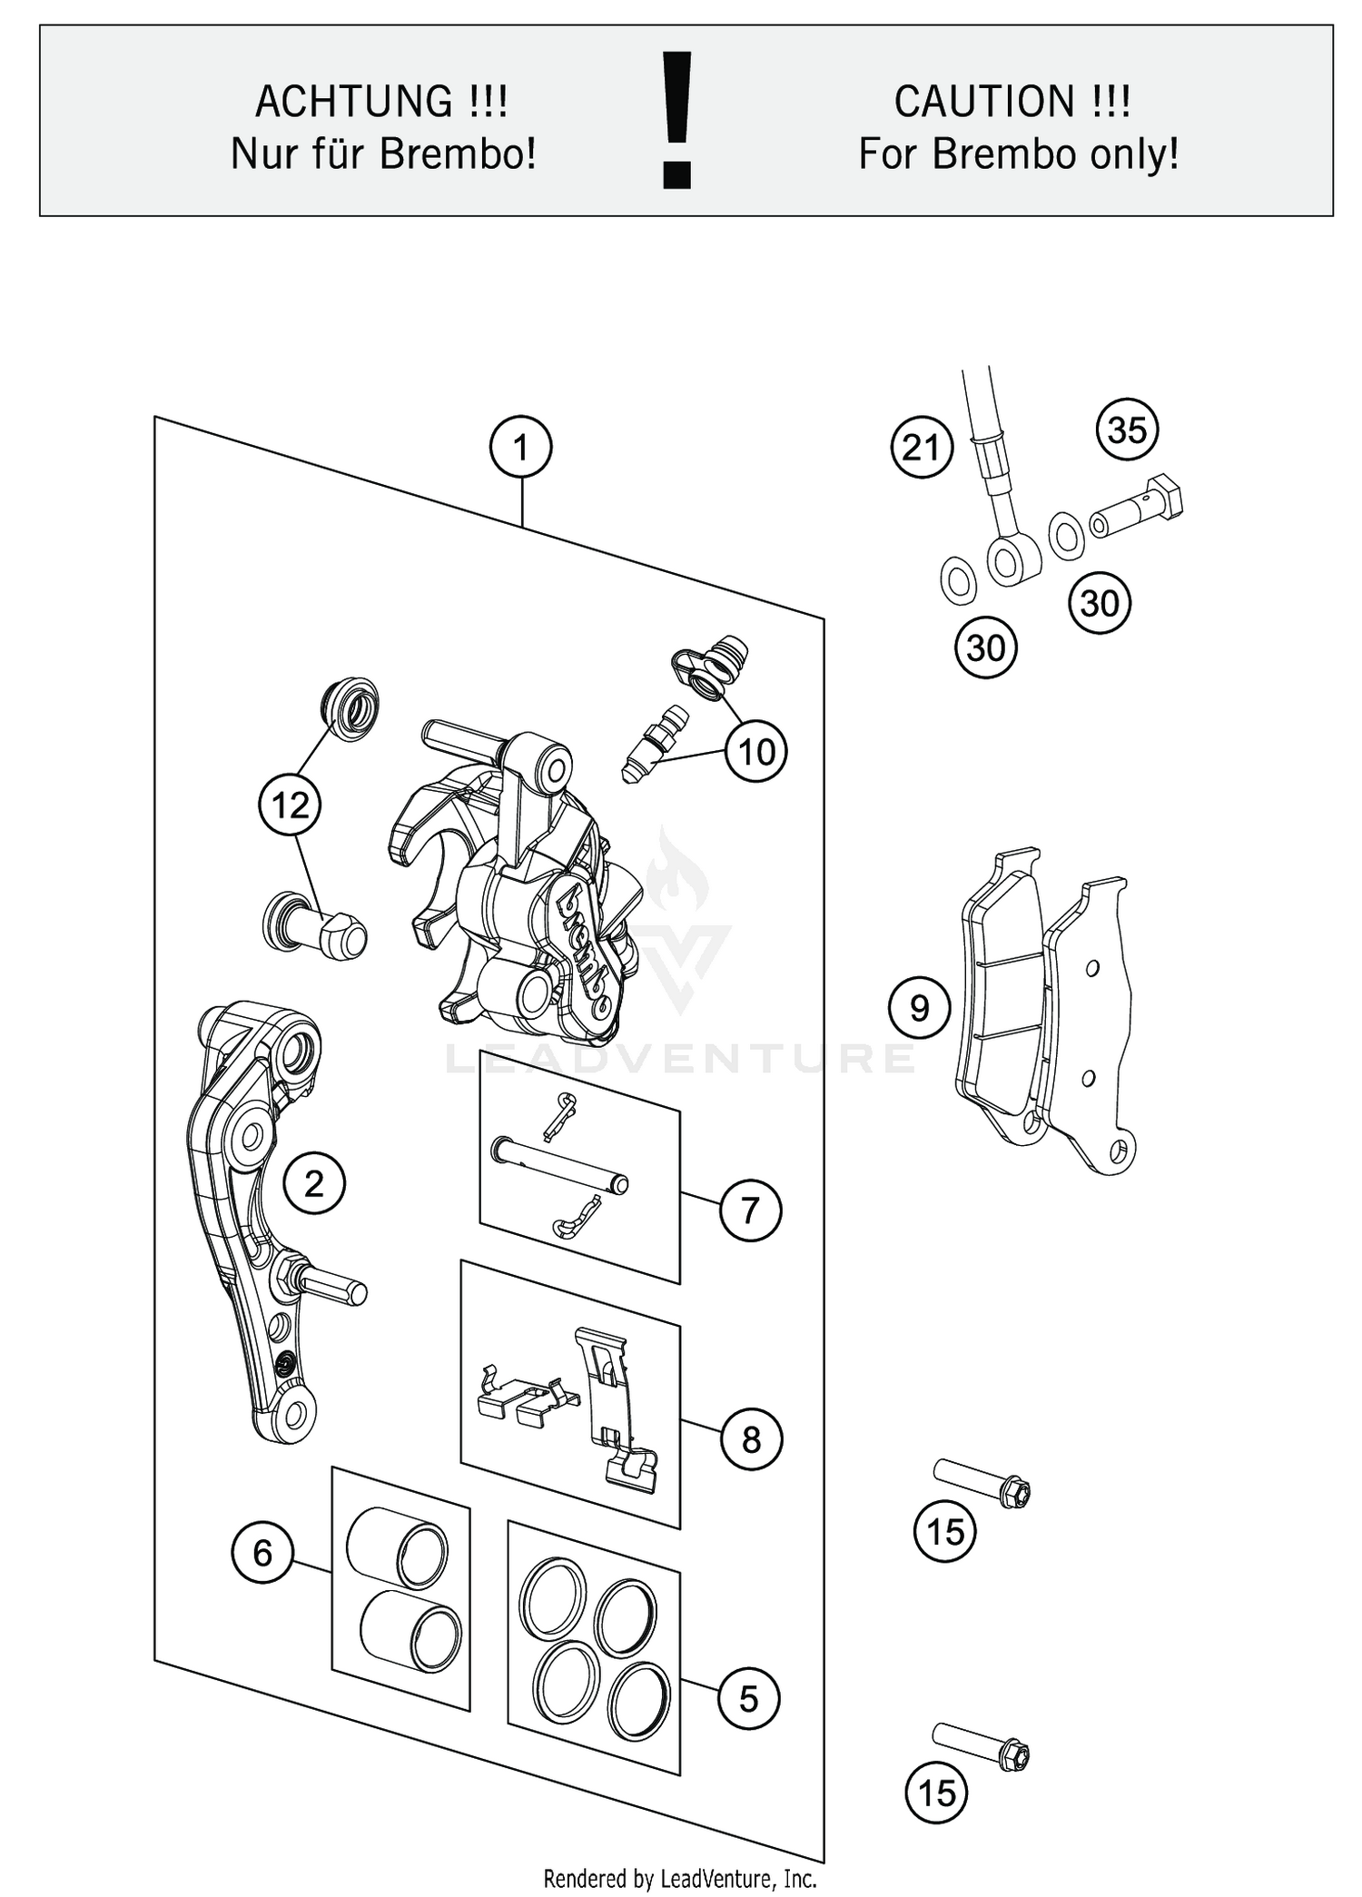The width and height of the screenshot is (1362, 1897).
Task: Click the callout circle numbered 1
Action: click(x=520, y=448)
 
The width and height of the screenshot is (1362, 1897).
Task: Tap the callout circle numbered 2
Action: click(x=314, y=1183)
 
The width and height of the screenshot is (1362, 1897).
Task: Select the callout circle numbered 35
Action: click(x=1127, y=430)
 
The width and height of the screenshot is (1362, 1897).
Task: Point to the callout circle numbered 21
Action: click(x=922, y=448)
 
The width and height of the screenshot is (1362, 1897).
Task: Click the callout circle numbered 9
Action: click(x=919, y=1008)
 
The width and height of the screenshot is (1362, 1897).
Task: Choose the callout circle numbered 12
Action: click(x=291, y=805)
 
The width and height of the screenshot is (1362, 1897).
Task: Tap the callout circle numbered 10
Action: click(x=756, y=752)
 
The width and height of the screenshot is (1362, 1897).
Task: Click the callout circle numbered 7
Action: click(x=750, y=1210)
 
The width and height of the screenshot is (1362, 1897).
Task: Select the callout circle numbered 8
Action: click(x=750, y=1439)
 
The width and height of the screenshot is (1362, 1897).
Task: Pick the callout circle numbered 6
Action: click(x=262, y=1553)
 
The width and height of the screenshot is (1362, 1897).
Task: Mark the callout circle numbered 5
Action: click(x=748, y=1698)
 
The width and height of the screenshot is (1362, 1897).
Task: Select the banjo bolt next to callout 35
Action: click(x=1137, y=509)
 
